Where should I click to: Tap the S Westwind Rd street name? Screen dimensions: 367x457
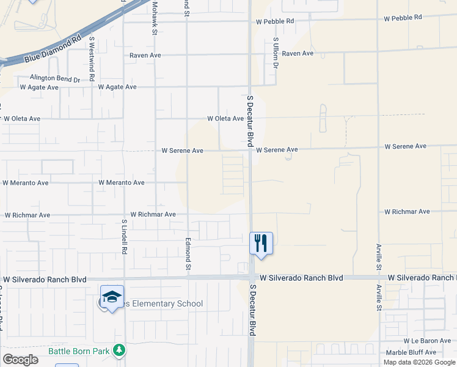coord(92,59)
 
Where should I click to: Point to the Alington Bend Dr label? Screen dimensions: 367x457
coord(55,79)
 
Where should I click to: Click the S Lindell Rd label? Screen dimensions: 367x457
coord(123,237)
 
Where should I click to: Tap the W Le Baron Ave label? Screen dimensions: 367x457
coord(427,341)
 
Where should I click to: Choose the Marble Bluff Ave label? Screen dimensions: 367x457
coord(411,352)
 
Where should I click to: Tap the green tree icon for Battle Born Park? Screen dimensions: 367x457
coord(120,350)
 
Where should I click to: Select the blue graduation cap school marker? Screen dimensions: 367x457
coord(112,297)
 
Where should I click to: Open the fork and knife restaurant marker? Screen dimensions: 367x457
coord(261,243)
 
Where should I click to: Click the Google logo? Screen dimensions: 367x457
coord(20,360)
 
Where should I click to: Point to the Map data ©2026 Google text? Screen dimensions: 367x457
coord(419,362)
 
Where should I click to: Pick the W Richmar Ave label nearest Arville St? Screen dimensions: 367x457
coord(407,212)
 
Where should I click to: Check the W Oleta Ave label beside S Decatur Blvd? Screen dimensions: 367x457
coord(225,119)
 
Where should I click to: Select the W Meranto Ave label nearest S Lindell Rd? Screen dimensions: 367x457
coord(122,183)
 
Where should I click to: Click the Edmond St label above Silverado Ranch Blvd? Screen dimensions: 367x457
coord(188,255)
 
